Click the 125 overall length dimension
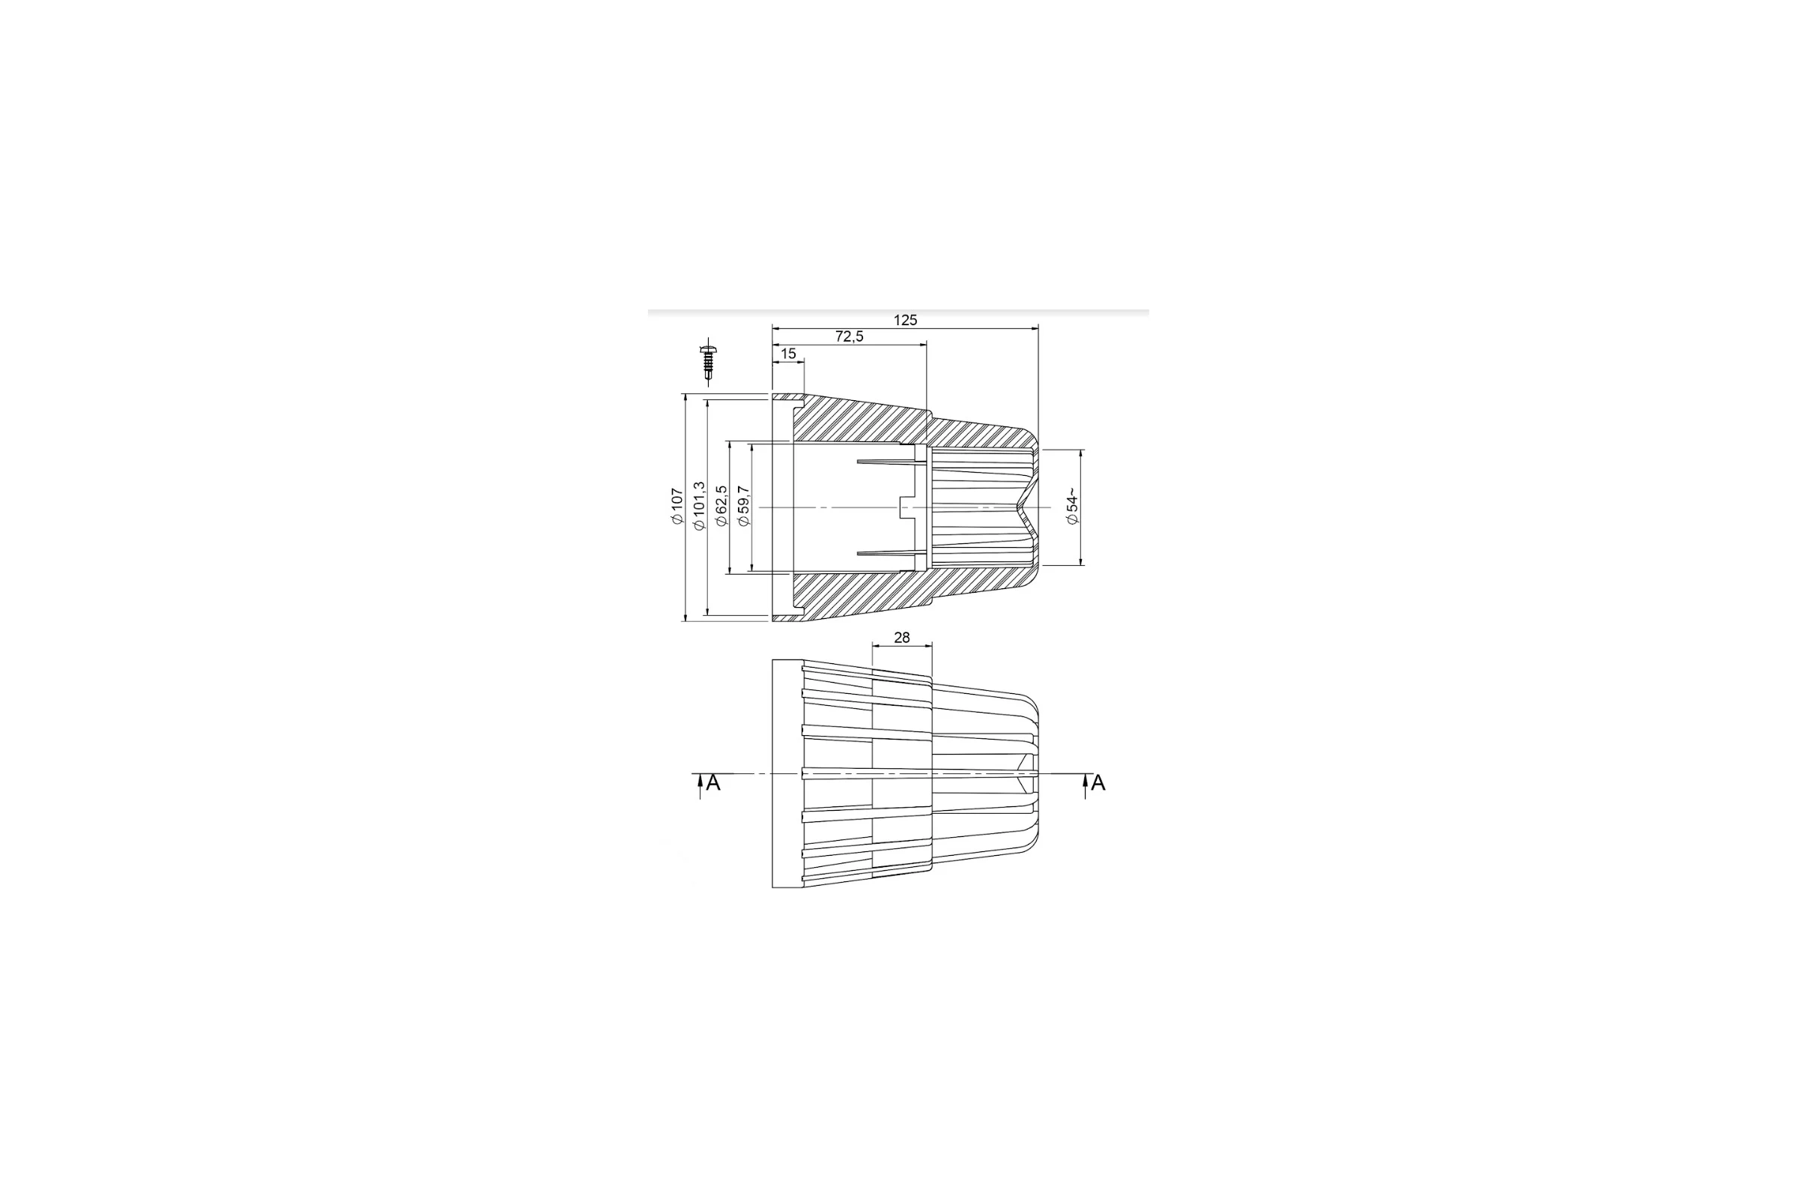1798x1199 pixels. pyautogui.click(x=905, y=321)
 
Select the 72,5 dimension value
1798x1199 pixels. pyautogui.click(x=850, y=336)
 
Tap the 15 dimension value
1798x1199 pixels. pyautogui.click(x=788, y=354)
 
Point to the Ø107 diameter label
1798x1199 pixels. pyautogui.click(x=676, y=507)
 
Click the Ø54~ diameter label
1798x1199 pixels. pyautogui.click(x=1073, y=507)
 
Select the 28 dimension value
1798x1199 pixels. pyautogui.click(x=902, y=638)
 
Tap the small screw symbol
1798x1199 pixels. pyautogui.click(x=709, y=361)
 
